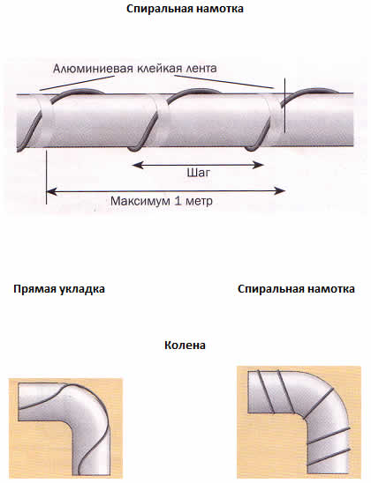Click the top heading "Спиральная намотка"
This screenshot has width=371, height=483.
pos(185,9)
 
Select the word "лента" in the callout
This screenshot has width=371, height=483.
pos(201,68)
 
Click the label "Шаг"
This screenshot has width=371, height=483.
pos(198,173)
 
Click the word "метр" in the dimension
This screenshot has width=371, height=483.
pos(199,202)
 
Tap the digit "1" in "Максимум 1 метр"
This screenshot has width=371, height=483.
pos(178,201)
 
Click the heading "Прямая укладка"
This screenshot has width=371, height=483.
pos(59,289)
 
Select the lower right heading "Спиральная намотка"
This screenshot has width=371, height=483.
pos(296,289)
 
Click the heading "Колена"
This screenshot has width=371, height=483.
pos(185,345)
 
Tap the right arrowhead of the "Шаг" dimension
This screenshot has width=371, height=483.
pos(258,165)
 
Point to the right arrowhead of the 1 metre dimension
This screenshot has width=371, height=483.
pos(279,191)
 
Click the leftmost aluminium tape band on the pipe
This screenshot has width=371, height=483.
pos(45,120)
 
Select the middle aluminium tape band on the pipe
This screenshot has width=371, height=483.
pos(161,120)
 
